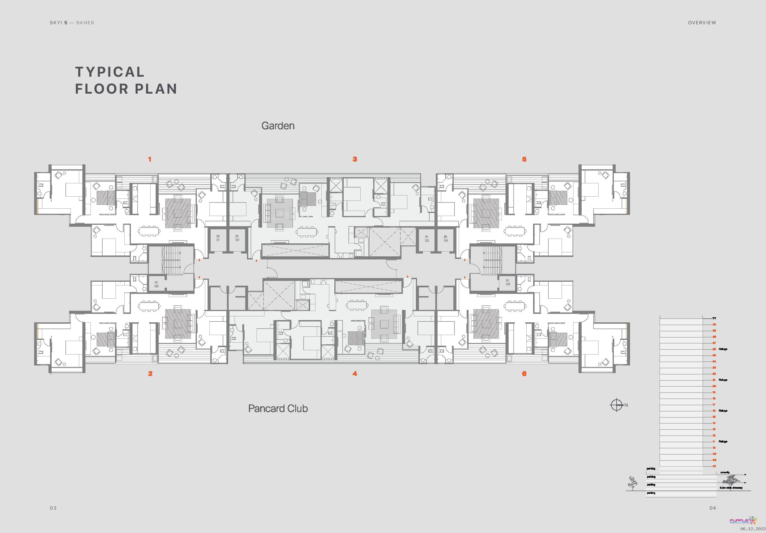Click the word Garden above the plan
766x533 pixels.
click(x=278, y=126)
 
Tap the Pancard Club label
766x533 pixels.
click(x=278, y=409)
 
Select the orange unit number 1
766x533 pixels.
click(x=150, y=160)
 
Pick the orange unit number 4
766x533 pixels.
click(x=355, y=374)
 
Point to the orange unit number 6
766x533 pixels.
click(x=524, y=374)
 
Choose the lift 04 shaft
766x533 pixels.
click(x=446, y=239)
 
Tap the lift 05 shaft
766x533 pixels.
click(x=156, y=284)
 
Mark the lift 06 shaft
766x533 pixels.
click(x=508, y=282)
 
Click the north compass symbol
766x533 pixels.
click(x=617, y=405)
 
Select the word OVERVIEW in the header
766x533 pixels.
click(x=702, y=23)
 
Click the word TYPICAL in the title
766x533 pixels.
click(x=110, y=72)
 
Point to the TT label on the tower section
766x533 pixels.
click(x=714, y=318)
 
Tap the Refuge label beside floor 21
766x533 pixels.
click(x=723, y=380)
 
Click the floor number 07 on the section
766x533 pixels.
click(x=714, y=466)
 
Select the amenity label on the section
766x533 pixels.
click(x=725, y=473)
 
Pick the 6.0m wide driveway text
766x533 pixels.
click(x=731, y=488)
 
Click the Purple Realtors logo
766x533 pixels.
click(x=743, y=521)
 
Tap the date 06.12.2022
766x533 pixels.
click(x=753, y=529)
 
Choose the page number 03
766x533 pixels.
click(x=53, y=508)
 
